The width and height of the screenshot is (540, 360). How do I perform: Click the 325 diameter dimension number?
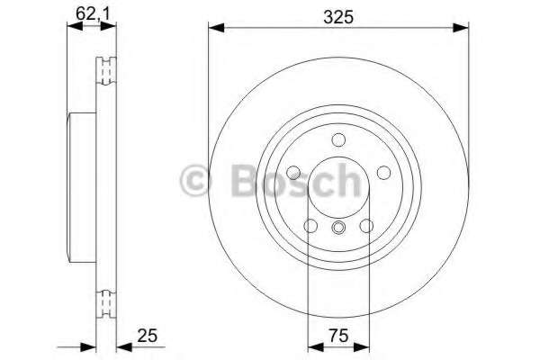(337, 15)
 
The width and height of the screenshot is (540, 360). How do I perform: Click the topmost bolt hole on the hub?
(338, 140)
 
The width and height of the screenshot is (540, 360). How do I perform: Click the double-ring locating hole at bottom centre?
(338, 227)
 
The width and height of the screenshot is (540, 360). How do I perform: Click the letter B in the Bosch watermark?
(236, 180)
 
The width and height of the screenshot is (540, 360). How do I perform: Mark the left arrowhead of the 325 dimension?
(214, 29)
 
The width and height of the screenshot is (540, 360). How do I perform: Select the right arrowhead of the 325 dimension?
(463, 29)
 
